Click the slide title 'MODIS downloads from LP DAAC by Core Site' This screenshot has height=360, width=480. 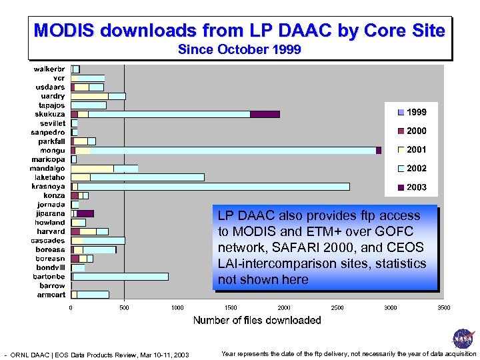pos(239,31)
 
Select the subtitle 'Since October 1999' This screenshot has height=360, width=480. pos(239,50)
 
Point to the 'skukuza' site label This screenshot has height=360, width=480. pos(51,114)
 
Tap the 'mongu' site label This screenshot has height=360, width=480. pos(53,151)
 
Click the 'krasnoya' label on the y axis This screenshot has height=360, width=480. pos(48,187)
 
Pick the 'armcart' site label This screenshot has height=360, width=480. pos(51,295)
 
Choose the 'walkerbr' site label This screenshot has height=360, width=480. pos(49,69)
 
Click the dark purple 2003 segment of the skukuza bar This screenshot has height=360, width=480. pos(265,114)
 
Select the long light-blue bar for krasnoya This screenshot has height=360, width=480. pos(213,187)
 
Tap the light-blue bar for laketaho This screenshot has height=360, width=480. pos(147,177)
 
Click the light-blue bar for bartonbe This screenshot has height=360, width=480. pos(120,277)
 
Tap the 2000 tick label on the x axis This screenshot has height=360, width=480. pos(284,308)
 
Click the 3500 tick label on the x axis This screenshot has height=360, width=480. pos(443,308)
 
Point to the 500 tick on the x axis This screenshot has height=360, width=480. pos(124,308)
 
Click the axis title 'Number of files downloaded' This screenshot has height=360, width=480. pos(257,321)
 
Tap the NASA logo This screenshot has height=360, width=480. pos(462,339)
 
